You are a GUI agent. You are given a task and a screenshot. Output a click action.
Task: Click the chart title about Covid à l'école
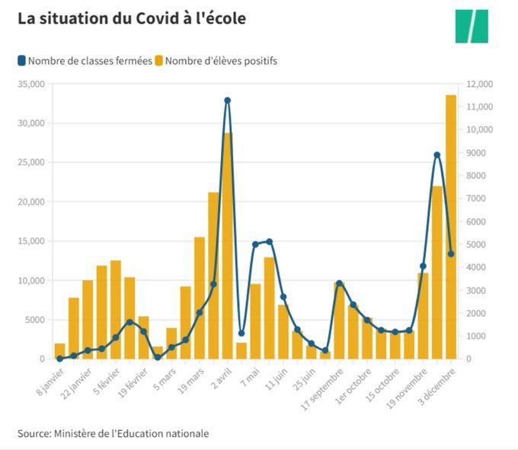(x=132, y=18)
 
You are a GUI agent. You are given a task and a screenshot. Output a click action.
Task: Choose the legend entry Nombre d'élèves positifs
(x=215, y=61)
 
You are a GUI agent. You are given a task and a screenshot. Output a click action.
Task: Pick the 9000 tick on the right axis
(x=476, y=152)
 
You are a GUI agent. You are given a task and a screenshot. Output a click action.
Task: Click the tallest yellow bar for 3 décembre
(x=451, y=228)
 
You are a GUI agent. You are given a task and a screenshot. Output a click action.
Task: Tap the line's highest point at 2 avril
(x=227, y=101)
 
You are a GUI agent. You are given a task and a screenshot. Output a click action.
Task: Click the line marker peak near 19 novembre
(x=437, y=155)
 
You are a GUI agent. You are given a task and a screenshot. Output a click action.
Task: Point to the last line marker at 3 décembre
(x=451, y=254)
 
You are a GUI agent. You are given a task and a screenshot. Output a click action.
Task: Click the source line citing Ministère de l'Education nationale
(x=113, y=433)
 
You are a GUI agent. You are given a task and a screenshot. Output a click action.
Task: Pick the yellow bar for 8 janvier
(x=59, y=351)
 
